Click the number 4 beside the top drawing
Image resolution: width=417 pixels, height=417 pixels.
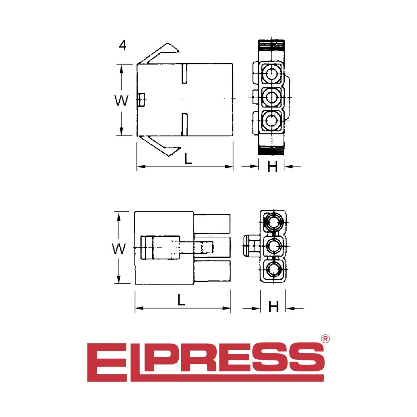(123, 46)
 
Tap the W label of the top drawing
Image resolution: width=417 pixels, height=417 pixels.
(121, 101)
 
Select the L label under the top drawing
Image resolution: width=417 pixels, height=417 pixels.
(188, 159)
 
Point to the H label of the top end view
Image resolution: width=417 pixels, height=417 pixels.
(272, 167)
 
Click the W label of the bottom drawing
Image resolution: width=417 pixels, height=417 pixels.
(119, 249)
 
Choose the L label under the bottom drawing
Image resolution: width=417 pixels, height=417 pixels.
(181, 300)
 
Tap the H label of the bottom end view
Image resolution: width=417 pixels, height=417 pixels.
(274, 307)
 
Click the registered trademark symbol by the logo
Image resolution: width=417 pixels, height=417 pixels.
(325, 338)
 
